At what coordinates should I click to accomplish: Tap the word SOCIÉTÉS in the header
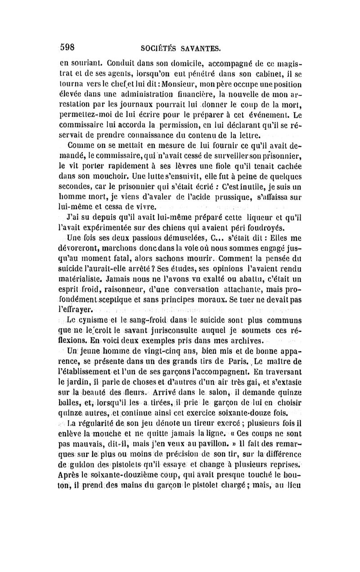pyautogui.click(x=156, y=48)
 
